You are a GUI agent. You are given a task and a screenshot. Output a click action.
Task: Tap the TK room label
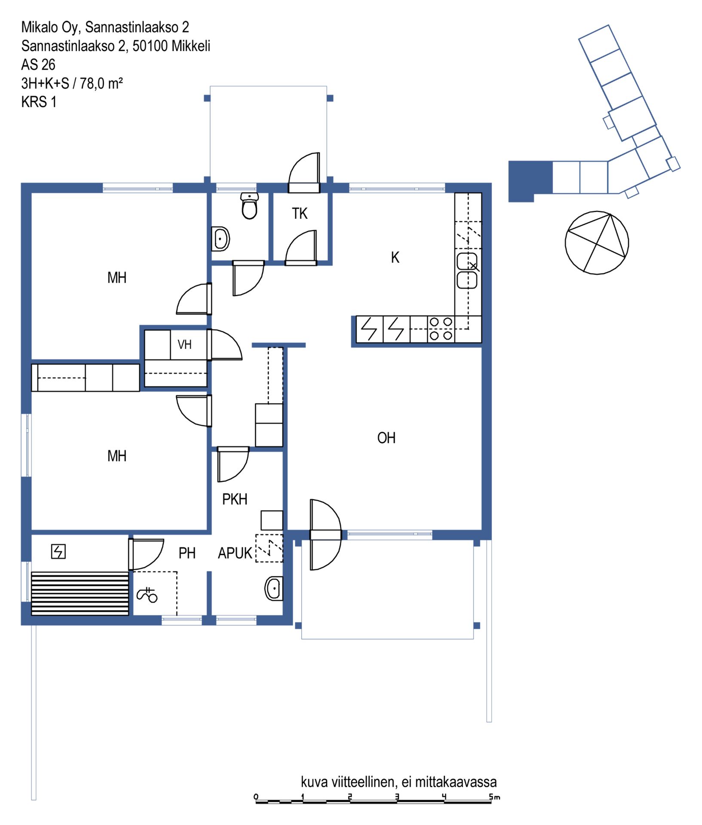point(300,214)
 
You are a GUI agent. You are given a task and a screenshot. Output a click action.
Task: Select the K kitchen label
point(395,257)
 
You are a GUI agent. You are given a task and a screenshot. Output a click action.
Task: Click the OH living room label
point(386,438)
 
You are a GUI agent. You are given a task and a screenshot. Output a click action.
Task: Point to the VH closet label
point(184,344)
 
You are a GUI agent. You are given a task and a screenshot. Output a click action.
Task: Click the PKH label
point(235,499)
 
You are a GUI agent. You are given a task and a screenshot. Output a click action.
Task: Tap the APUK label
point(235,553)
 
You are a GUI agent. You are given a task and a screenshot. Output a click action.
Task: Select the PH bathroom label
point(187,553)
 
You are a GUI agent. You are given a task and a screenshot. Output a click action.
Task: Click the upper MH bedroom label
point(117,278)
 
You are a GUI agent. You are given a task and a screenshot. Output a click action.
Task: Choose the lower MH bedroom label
point(117,456)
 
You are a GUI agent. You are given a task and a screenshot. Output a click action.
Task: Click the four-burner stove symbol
point(441,329)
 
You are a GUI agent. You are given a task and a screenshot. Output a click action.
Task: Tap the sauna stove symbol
point(58,551)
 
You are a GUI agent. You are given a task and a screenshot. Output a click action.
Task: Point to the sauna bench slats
point(80,593)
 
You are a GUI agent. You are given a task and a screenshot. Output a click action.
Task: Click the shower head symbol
point(147,595)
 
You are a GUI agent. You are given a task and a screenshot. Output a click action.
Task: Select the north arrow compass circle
point(597,243)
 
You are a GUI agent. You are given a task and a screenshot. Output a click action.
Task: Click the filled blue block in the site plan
point(530,181)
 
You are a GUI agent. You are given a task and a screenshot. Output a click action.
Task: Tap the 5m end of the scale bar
point(491,801)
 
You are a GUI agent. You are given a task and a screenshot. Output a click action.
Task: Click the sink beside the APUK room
point(274,588)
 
